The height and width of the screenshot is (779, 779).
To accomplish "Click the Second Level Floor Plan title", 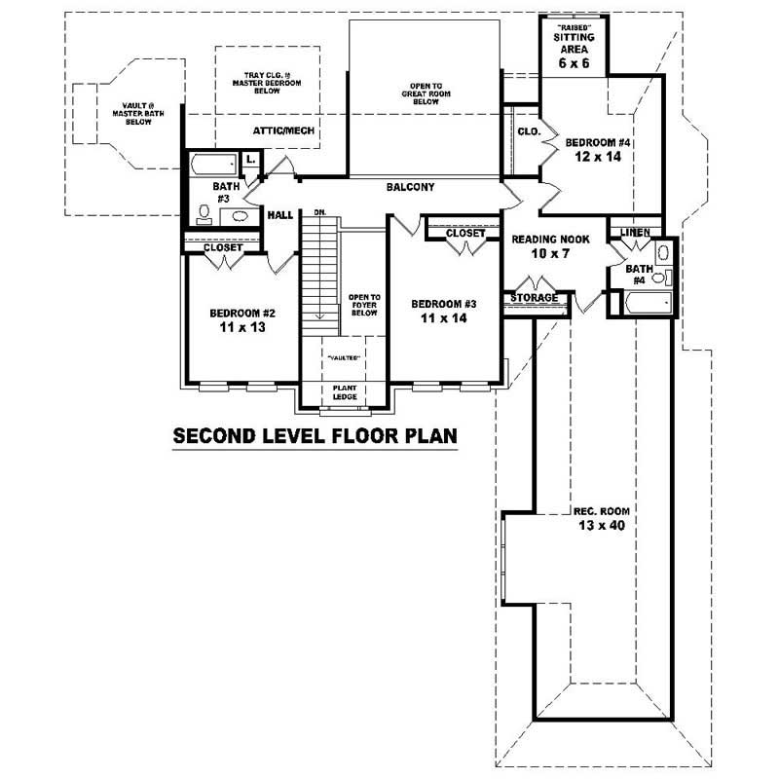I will [x=315, y=435].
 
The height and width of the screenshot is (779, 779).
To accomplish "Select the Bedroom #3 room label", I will [x=443, y=309].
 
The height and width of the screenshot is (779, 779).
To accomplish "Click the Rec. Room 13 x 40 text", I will [x=598, y=516].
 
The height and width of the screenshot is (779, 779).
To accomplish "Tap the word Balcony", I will [x=410, y=187].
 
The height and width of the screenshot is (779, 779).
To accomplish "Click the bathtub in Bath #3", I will [x=211, y=163].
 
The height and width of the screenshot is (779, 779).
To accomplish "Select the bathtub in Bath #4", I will [x=648, y=305].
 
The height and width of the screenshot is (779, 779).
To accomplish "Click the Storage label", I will [x=535, y=298].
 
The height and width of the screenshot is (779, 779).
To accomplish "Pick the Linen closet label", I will [x=634, y=231].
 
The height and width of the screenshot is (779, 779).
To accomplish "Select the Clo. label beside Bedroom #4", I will [x=529, y=131].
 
